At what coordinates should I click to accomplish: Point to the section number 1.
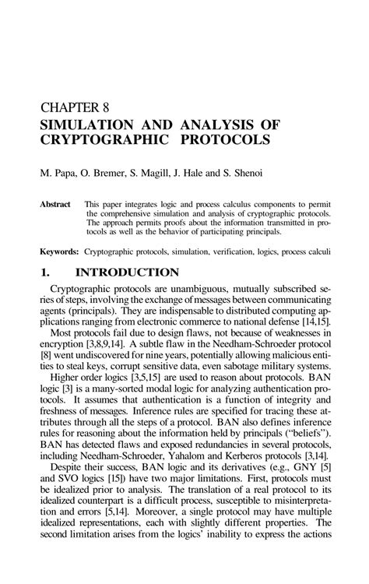[x=45, y=273]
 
